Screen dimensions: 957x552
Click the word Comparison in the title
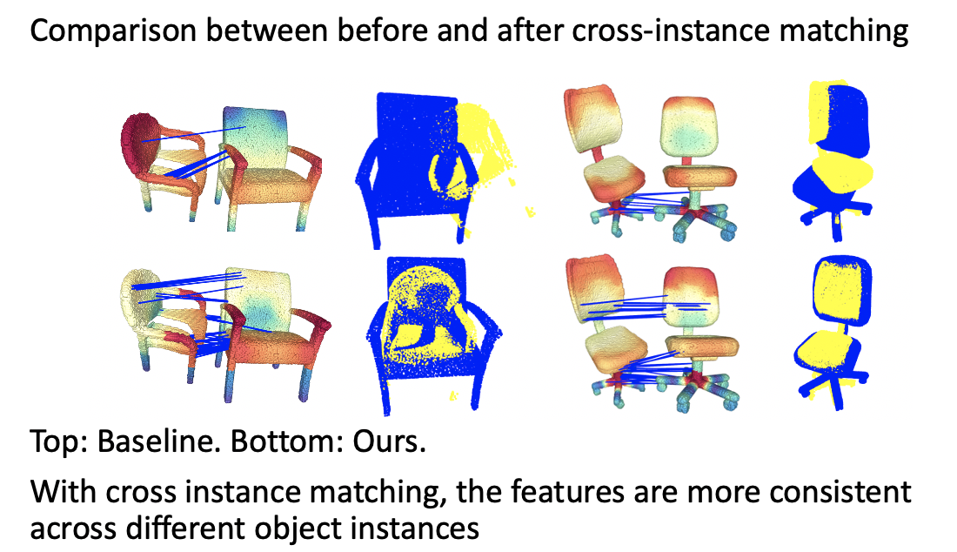pyautogui.click(x=113, y=30)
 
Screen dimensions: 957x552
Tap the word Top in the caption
pyautogui.click(x=55, y=442)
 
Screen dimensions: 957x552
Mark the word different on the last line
pyautogui.click(x=185, y=528)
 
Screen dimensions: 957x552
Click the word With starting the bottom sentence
pyautogui.click(x=64, y=492)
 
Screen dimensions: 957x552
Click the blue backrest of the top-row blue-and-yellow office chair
pyautogui.click(x=847, y=119)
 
